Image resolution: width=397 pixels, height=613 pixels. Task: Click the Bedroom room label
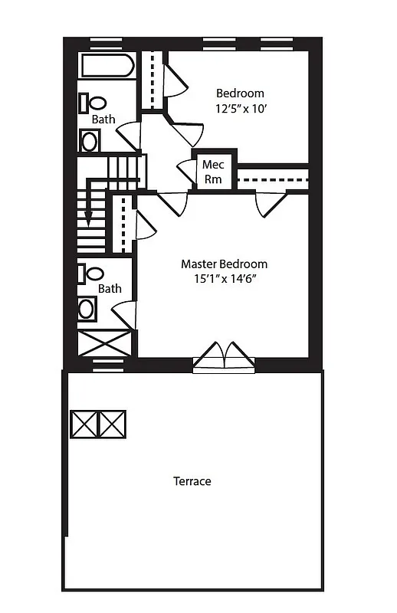(239, 93)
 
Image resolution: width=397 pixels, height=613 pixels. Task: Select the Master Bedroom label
(224, 264)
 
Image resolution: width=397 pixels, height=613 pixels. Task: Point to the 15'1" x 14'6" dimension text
(224, 279)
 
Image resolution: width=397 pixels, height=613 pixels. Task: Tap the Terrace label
(192, 481)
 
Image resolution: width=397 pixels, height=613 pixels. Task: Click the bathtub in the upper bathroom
(107, 64)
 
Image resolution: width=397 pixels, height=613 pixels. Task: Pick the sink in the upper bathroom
(90, 141)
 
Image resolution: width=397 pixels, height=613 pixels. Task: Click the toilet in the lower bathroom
(94, 274)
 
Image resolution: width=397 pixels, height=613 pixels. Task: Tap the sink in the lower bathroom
(87, 309)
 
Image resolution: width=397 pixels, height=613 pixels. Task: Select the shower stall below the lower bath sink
(104, 342)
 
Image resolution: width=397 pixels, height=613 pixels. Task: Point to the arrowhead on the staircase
(89, 219)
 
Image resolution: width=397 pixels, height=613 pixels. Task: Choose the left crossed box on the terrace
(84, 424)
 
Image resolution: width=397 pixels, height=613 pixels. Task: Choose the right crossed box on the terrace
(112, 424)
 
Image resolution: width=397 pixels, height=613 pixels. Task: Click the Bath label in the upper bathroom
(103, 120)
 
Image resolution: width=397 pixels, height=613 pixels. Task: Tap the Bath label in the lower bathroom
(109, 289)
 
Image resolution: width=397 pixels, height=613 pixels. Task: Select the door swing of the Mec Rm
(185, 172)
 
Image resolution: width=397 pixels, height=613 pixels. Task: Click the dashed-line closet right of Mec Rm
(272, 179)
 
